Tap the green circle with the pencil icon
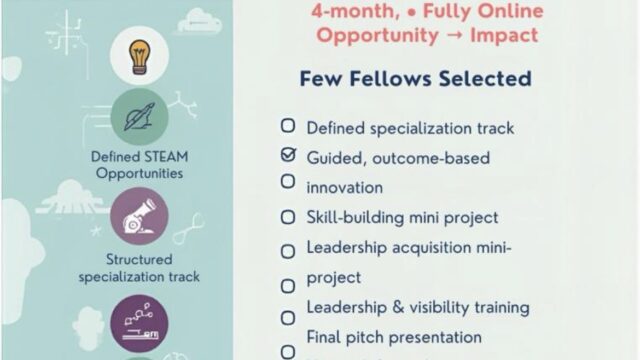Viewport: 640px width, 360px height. click(138, 117)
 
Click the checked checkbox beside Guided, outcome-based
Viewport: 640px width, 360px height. click(288, 155)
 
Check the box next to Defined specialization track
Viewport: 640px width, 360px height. click(288, 127)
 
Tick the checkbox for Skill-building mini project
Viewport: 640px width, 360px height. click(288, 217)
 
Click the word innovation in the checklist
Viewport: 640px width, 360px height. click(344, 187)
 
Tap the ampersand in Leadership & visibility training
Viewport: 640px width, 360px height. click(389, 307)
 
